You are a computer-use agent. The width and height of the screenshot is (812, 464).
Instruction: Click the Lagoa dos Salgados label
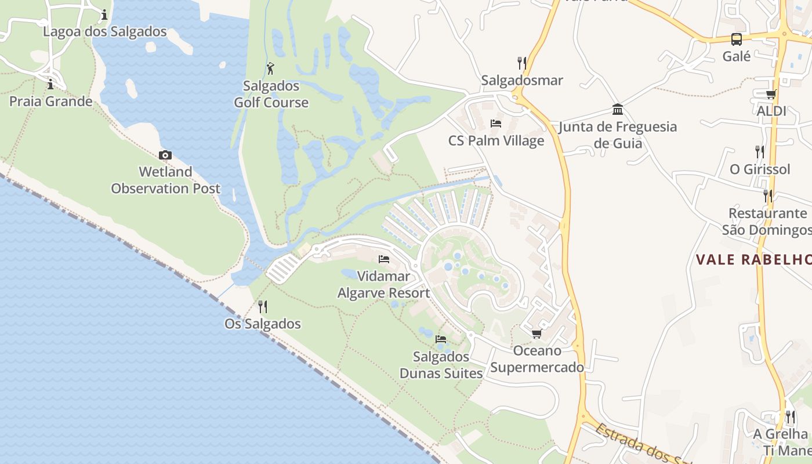104,31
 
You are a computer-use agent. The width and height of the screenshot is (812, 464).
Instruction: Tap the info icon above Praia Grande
50,84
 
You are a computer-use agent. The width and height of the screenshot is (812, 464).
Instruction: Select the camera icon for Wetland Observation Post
165,155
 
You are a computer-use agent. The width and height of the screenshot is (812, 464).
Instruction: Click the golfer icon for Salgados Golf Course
270,68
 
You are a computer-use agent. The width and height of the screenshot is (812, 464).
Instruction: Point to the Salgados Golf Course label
271,95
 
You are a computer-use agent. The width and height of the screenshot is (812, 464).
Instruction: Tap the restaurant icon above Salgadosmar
522,63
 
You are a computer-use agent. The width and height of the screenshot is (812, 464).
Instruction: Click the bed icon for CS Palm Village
496,123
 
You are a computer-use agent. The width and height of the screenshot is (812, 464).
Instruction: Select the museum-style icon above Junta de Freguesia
618,109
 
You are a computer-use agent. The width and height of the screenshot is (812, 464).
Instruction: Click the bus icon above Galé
736,39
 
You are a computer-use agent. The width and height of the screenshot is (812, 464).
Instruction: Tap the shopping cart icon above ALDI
771,94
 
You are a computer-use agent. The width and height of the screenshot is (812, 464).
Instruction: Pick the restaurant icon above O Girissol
760,152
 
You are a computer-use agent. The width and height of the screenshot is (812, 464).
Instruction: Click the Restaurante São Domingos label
767,222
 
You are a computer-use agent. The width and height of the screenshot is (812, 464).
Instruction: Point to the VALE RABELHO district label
753,259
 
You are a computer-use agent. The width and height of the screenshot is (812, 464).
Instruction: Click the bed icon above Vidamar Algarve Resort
383,259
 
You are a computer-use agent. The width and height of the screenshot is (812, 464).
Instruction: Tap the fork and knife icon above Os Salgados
263,306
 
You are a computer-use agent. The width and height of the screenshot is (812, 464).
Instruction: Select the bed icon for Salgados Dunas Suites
441,339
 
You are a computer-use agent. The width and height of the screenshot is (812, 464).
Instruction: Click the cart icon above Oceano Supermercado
536,333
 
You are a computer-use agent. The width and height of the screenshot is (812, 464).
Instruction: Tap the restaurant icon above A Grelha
790,416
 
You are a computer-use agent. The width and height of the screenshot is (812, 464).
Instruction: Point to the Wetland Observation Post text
165,180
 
